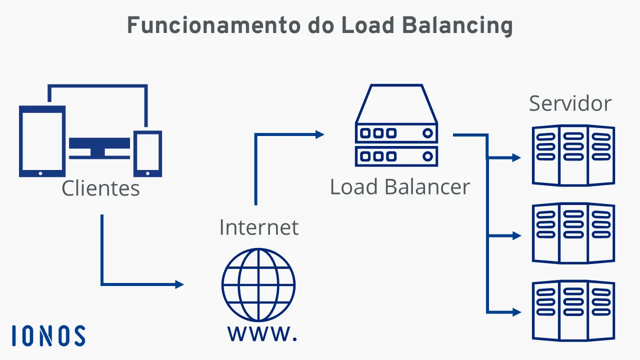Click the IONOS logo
point(48,335)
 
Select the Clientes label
point(100,188)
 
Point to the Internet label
point(259,227)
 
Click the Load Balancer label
point(400,187)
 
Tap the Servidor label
point(570,103)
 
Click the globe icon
point(258,285)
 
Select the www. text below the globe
point(262,333)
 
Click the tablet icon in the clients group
point(42,141)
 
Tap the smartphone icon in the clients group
point(147,153)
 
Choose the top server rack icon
point(573,155)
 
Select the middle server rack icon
point(573,233)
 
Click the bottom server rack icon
point(573,310)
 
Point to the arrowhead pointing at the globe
point(179,284)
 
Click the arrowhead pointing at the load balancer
point(319,134)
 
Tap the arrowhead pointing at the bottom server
point(517,312)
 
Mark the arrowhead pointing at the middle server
point(517,235)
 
